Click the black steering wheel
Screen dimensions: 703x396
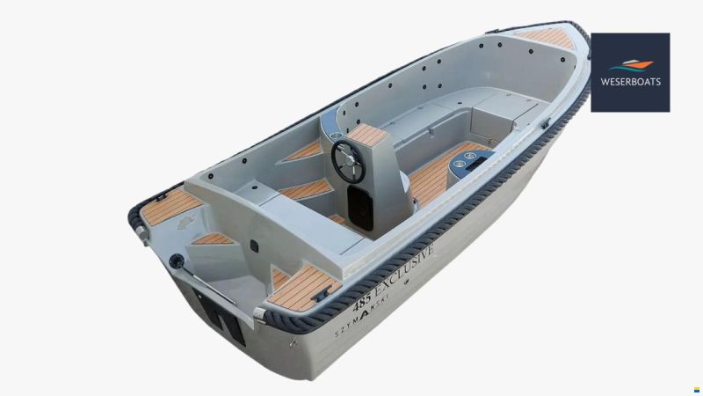(x=349, y=162)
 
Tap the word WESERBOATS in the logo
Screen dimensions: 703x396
(x=630, y=82)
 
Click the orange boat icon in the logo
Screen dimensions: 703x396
(x=637, y=64)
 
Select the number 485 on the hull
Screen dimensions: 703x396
(x=362, y=301)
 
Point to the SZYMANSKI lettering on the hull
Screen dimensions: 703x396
(x=362, y=316)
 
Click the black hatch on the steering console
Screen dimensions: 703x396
(x=360, y=208)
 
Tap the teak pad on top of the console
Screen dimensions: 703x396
(x=367, y=136)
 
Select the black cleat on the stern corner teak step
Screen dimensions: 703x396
(x=322, y=294)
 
